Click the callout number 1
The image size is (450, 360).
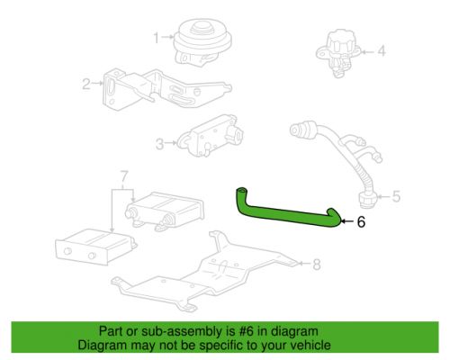156,37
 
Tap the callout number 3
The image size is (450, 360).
159,143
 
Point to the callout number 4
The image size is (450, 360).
381,51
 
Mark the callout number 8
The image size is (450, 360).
316,264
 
